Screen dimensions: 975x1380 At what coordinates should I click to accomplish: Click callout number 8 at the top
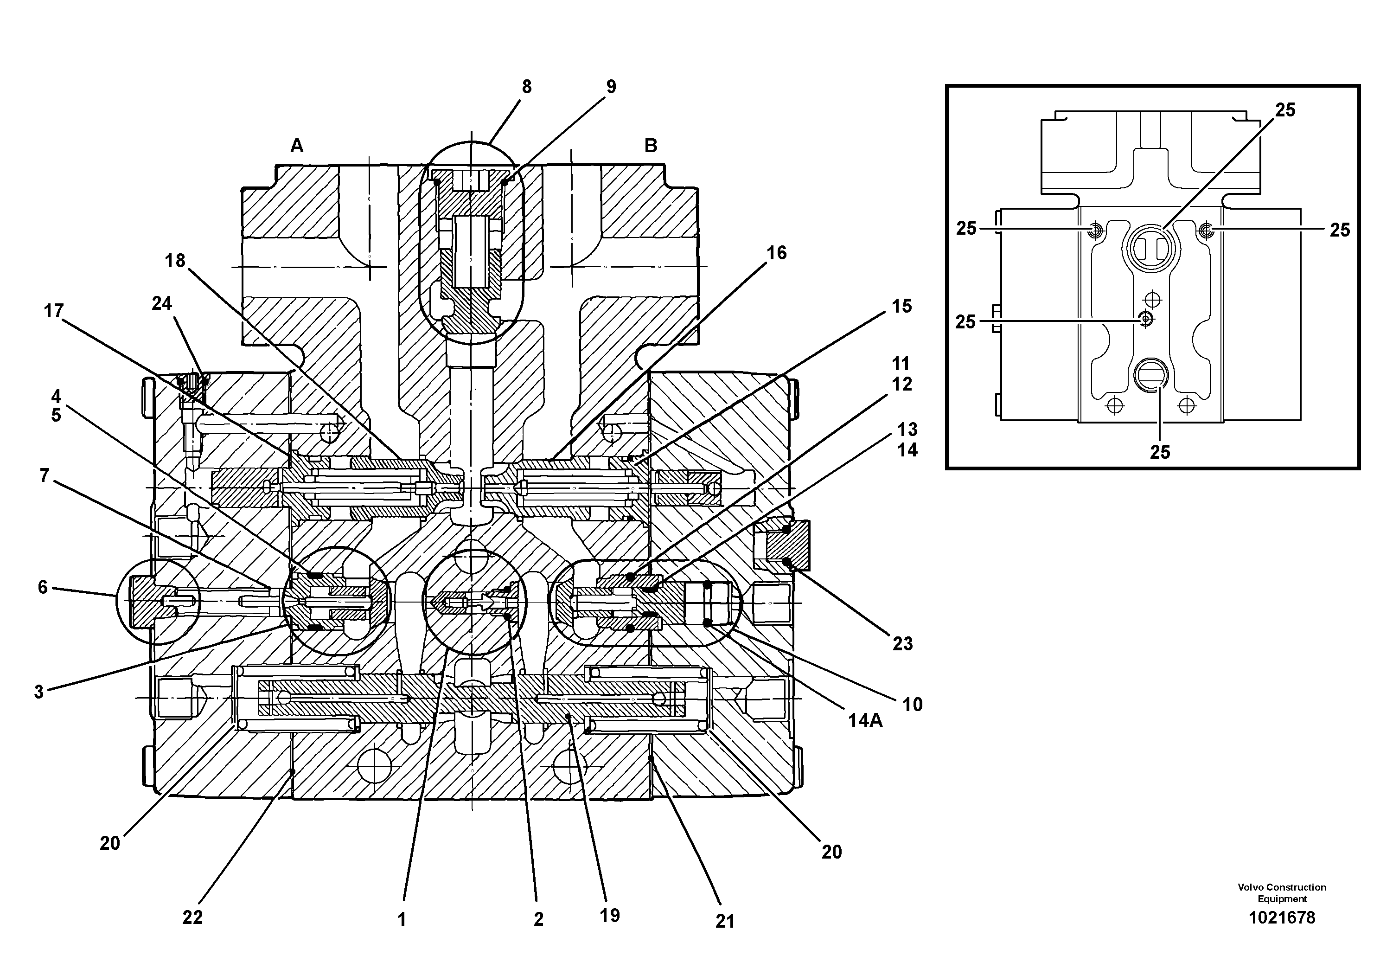[x=526, y=87]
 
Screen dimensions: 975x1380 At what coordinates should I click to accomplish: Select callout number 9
[x=611, y=87]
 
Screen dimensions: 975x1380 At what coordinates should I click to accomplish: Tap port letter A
[x=297, y=146]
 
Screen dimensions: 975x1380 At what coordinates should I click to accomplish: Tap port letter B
[x=651, y=146]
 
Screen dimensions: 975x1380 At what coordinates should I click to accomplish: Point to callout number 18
[x=175, y=261]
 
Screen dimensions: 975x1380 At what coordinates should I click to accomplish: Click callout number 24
[x=162, y=303]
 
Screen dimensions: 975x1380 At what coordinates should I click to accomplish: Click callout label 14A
[x=865, y=720]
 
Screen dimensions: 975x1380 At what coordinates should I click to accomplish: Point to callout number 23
[x=903, y=644]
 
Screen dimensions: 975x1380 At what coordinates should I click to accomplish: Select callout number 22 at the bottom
[x=192, y=917]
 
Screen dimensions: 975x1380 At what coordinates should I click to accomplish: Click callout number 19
[x=609, y=916]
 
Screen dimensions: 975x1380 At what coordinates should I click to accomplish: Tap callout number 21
[x=725, y=921]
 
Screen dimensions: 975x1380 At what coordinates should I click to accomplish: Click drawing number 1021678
[x=1282, y=918]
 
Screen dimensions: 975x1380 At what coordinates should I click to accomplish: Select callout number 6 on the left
[x=43, y=587]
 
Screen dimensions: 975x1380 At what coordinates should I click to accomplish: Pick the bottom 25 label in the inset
[x=1160, y=452]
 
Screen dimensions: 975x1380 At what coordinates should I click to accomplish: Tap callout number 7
[x=44, y=475]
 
